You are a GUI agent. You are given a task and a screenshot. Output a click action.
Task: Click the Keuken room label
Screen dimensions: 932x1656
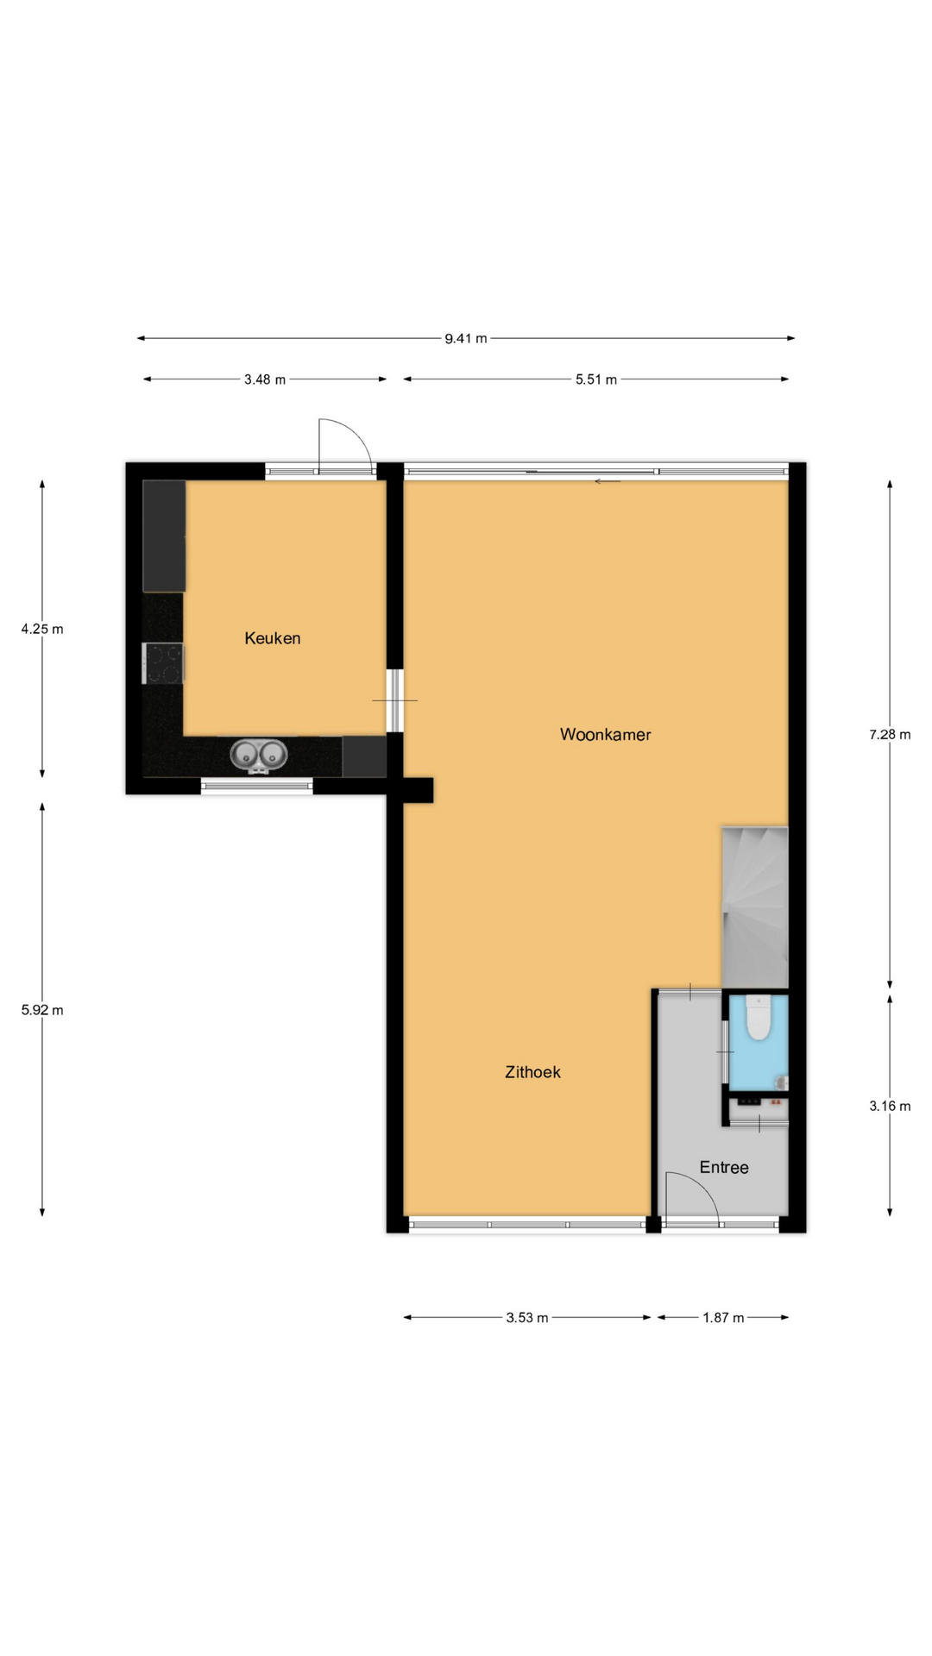click(273, 638)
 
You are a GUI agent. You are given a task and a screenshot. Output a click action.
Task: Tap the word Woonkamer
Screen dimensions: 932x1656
click(605, 735)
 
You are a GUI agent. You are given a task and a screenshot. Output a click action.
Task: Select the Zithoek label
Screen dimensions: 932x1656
click(532, 1072)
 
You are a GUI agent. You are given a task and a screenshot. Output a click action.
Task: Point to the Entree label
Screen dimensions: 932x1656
click(724, 1167)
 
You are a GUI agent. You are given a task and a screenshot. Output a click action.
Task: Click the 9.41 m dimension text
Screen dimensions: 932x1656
click(466, 338)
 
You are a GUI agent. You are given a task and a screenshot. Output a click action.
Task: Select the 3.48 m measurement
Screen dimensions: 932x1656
click(265, 379)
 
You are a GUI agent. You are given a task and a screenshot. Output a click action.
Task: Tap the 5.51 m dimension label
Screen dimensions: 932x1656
click(596, 379)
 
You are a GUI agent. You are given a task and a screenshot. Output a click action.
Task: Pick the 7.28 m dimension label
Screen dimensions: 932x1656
click(890, 735)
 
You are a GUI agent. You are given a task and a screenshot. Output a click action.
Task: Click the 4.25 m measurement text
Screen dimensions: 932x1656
click(42, 629)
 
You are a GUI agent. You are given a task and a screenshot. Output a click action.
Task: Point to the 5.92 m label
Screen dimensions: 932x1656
click(42, 1010)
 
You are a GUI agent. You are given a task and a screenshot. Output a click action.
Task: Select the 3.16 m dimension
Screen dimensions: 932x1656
click(890, 1106)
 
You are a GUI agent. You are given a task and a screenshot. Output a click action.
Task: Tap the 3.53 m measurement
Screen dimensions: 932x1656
click(527, 1318)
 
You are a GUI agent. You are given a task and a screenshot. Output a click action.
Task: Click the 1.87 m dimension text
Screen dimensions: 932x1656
click(723, 1318)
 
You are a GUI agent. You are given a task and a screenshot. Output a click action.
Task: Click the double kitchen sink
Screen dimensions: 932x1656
click(259, 756)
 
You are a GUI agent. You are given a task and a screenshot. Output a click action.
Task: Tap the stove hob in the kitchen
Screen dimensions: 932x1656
click(163, 664)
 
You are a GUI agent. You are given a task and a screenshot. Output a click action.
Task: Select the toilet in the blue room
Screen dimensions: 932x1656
click(758, 1018)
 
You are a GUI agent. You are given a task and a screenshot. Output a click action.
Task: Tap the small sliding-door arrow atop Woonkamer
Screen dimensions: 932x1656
click(608, 481)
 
